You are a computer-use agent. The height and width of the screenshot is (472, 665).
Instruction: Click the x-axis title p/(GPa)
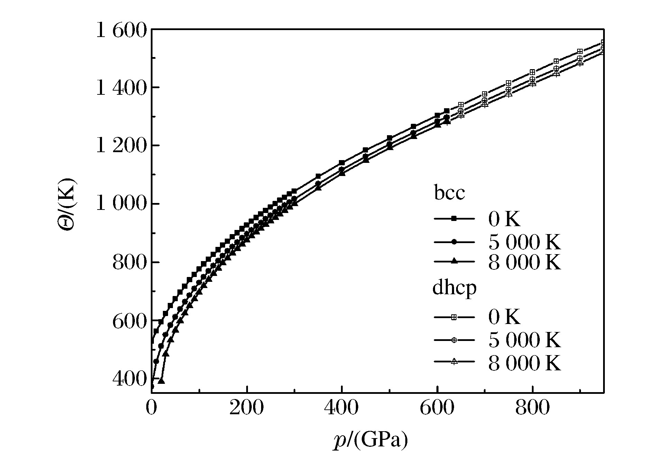pyautogui.click(x=370, y=441)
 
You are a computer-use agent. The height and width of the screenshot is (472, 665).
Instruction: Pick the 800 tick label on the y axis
pyautogui.click(x=129, y=263)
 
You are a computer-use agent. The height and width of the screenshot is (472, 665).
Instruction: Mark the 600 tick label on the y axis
pyautogui.click(x=129, y=321)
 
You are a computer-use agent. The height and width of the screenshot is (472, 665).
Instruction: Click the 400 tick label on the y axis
pyautogui.click(x=129, y=379)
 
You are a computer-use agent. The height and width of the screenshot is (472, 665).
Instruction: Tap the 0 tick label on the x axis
pyautogui.click(x=151, y=408)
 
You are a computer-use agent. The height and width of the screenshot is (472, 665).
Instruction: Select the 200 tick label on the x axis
pyautogui.click(x=246, y=408)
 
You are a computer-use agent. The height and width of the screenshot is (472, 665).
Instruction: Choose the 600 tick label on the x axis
pyautogui.click(x=437, y=408)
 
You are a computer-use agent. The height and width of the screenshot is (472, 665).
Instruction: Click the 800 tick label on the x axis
pyautogui.click(x=533, y=408)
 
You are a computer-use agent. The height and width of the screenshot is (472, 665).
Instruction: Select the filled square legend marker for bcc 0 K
pyautogui.click(x=454, y=219)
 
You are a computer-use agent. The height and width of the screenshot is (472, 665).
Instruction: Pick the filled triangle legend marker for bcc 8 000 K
pyautogui.click(x=454, y=261)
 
